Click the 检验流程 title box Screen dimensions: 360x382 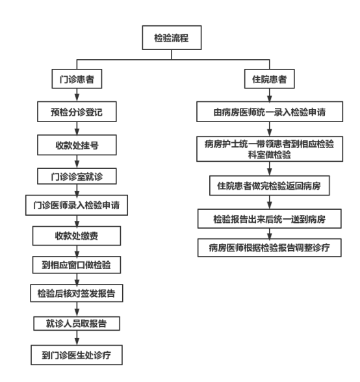click(172, 38)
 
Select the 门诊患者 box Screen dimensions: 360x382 click(77, 79)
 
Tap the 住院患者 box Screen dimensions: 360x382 click(269, 79)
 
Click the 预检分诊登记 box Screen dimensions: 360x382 click(77, 112)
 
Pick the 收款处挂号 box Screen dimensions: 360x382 click(77, 145)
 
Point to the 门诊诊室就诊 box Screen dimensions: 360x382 click(77, 176)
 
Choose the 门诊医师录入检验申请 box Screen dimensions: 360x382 click(77, 205)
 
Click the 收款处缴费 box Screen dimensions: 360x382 click(77, 236)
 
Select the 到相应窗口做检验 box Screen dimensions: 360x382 click(77, 265)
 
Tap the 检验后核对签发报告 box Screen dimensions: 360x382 click(77, 293)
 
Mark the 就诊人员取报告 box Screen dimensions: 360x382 click(77, 324)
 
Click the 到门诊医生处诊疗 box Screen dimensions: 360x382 click(77, 355)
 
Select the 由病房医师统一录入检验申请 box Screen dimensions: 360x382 click(270, 112)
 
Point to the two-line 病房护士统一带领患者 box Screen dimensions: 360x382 click(270, 149)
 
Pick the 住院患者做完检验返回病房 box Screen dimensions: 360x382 click(270, 186)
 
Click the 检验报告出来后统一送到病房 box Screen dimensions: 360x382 click(269, 218)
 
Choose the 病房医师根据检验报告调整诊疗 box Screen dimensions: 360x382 click(269, 248)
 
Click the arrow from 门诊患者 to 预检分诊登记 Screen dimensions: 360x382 click(77, 95)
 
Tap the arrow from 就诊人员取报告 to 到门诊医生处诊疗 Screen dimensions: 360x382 click(77, 338)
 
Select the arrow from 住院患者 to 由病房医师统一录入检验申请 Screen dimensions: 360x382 click(269, 95)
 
